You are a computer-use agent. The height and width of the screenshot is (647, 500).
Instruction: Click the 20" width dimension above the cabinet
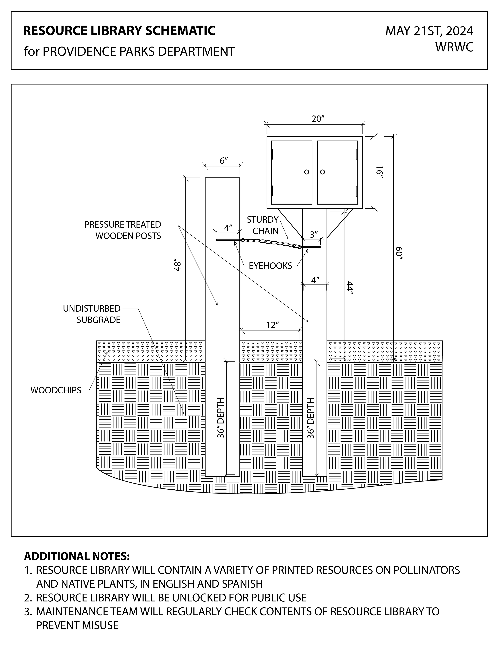tap(318, 119)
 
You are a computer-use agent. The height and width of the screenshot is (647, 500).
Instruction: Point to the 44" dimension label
tap(351, 288)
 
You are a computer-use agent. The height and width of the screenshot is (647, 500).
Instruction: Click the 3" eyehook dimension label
tap(314, 234)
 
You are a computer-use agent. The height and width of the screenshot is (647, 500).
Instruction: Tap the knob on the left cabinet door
tap(307, 172)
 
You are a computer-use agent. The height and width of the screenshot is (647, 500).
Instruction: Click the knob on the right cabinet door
tap(323, 172)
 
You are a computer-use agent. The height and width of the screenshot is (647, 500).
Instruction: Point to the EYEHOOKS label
tap(270, 266)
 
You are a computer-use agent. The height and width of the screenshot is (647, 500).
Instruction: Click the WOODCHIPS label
tap(56, 390)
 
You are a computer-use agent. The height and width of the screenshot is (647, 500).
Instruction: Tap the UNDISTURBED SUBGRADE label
tap(92, 314)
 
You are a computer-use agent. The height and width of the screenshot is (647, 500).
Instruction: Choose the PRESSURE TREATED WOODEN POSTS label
tap(123, 230)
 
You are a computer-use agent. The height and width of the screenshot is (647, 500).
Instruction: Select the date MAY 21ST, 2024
tap(429, 31)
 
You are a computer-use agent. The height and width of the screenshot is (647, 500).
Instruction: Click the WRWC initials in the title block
tap(454, 47)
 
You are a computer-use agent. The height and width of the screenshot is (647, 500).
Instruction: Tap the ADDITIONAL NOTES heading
tap(77, 556)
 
